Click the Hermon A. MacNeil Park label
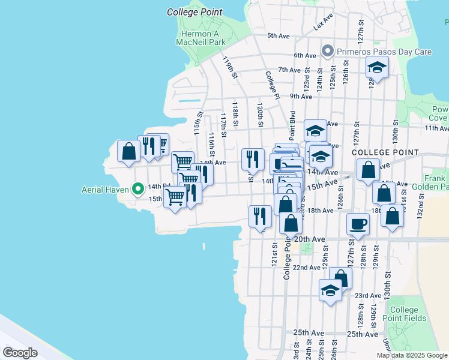(200, 38)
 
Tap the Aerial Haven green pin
(137, 189)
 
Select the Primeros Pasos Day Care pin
(327, 52)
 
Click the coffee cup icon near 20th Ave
(358, 224)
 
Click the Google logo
(20, 352)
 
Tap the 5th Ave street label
(279, 36)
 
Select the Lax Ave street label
(322, 23)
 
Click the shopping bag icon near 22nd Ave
(340, 278)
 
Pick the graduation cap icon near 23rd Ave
(330, 290)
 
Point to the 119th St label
(228, 68)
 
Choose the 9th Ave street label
(301, 96)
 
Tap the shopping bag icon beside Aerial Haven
(128, 151)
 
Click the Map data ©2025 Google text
(411, 355)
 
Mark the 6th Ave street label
(305, 56)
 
